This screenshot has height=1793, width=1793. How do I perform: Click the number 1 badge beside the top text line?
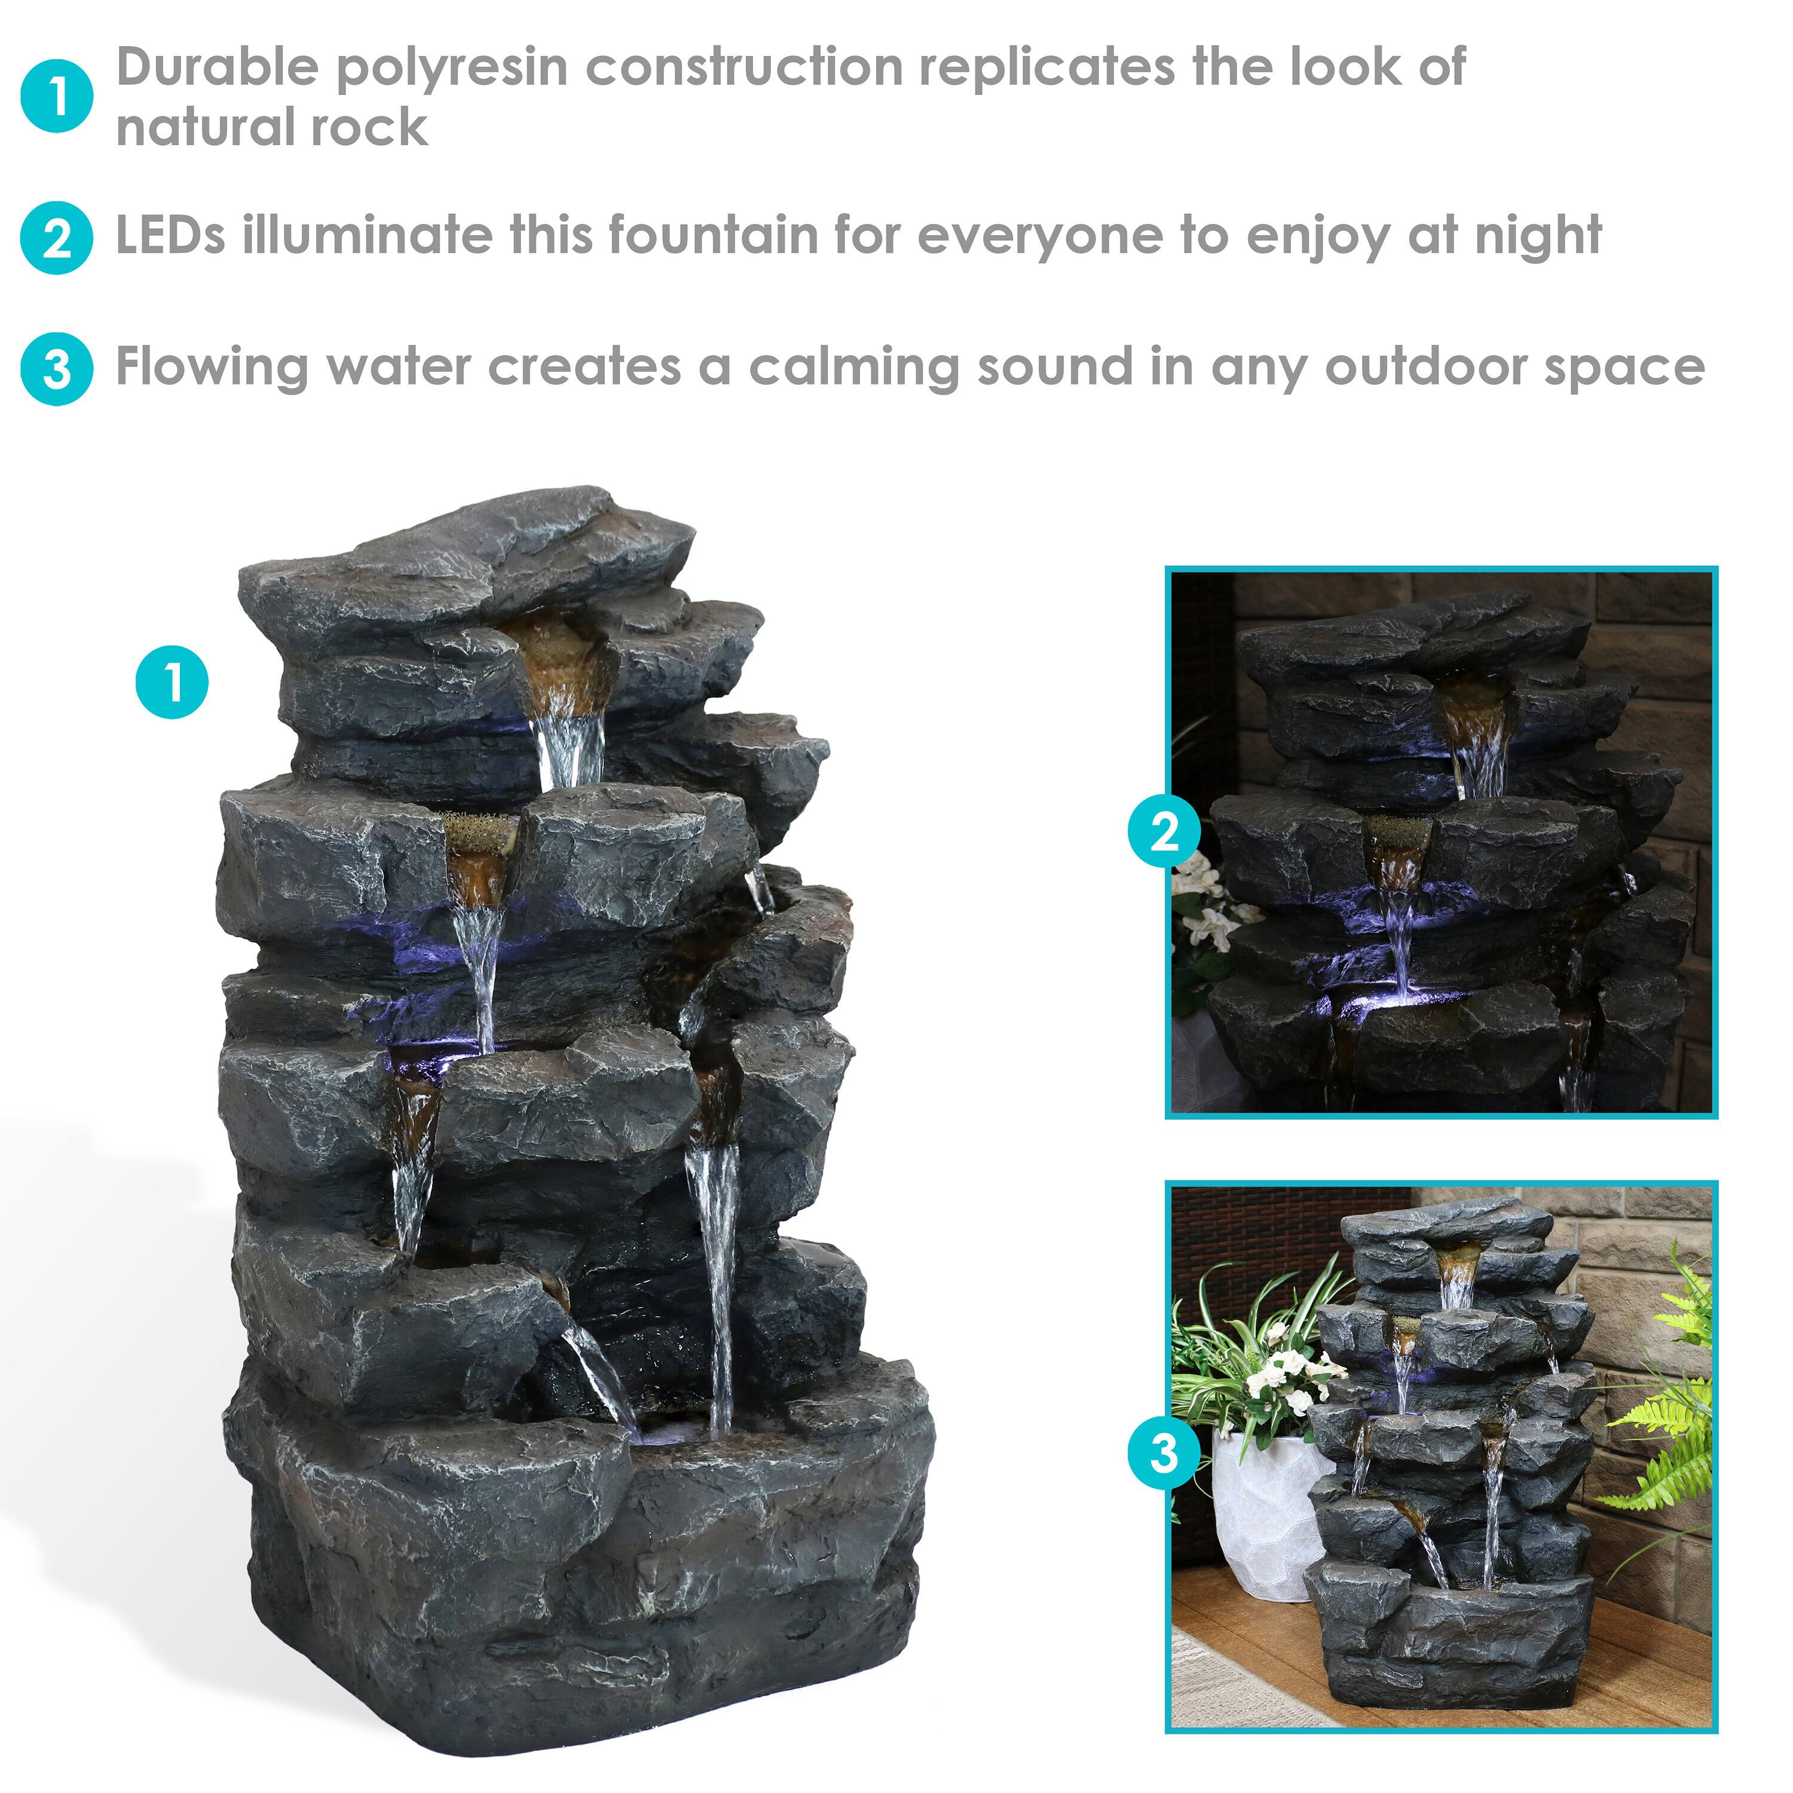[57, 96]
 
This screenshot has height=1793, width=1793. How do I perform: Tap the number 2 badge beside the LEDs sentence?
[57, 238]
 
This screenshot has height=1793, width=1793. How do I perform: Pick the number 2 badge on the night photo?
[1164, 831]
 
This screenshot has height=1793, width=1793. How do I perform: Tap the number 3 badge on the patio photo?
[1164, 1452]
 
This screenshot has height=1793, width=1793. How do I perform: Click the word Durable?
[216, 67]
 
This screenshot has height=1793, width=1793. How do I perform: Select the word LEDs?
[170, 235]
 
